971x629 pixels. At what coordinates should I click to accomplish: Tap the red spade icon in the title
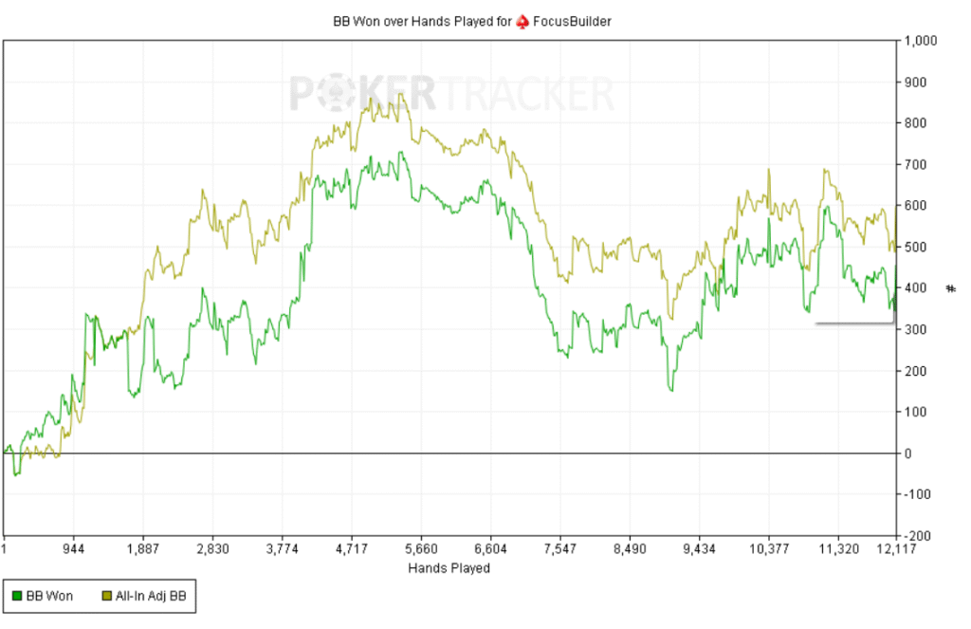click(523, 20)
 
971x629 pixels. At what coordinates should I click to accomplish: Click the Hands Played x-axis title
click(449, 568)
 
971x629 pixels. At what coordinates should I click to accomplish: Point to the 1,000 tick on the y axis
click(924, 41)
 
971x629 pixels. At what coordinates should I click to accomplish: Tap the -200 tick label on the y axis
click(920, 535)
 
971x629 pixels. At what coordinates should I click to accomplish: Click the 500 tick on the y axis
click(916, 247)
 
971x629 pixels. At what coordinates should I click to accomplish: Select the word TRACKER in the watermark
click(525, 94)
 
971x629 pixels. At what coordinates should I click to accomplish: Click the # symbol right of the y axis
click(951, 288)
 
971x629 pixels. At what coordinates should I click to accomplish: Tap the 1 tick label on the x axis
click(5, 548)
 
